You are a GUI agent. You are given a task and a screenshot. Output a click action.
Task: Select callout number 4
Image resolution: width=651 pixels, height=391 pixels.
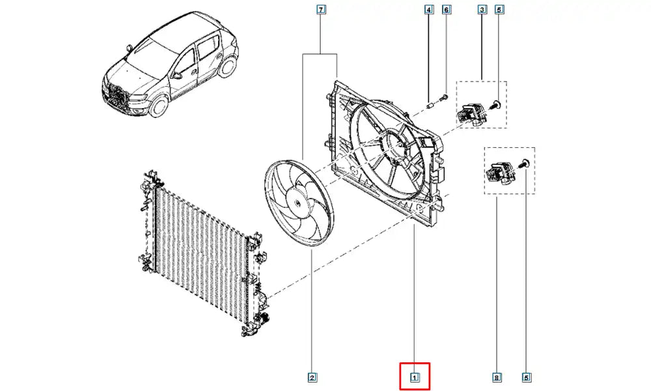coord(429,9)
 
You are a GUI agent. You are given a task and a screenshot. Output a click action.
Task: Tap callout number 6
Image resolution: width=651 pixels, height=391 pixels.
coord(446,9)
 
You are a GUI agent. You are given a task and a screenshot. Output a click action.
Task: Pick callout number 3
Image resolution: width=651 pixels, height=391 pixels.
coord(482,9)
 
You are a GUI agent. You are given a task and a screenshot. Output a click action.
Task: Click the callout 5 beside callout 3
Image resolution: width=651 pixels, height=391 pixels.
coord(499,9)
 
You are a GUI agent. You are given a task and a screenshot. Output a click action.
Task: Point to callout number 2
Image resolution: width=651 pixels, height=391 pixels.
coord(312,377)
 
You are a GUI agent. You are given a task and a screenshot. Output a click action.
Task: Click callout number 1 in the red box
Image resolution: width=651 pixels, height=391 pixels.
coord(414,377)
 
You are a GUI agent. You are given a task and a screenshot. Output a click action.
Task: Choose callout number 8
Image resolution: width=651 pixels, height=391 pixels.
coord(497,377)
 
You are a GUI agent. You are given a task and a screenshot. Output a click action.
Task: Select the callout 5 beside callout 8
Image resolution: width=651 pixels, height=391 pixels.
coord(526,377)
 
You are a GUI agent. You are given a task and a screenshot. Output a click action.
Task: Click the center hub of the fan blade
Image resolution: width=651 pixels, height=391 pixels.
coord(298,203)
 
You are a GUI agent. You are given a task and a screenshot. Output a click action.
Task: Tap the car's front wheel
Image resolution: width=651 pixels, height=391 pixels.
coord(159,104)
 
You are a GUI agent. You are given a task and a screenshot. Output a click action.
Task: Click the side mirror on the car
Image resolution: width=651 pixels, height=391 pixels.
coord(178,76)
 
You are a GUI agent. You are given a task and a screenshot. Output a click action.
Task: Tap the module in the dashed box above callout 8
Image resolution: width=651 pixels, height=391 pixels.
coord(500,173)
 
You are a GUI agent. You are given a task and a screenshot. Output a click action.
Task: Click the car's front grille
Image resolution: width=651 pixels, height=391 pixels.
coord(117,96)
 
